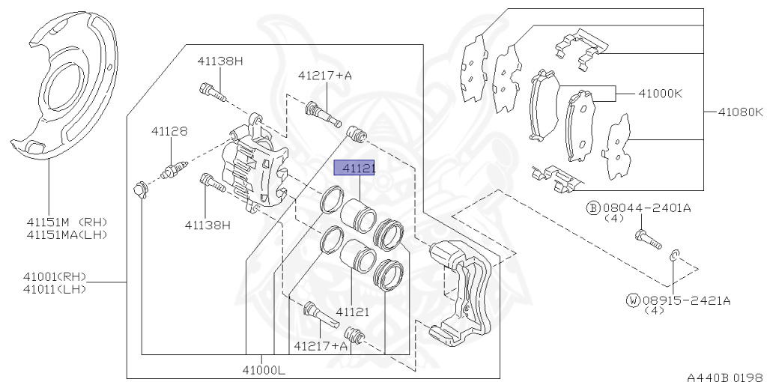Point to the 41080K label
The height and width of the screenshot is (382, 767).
(x=739, y=113)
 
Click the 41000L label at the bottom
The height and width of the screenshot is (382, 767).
(x=263, y=369)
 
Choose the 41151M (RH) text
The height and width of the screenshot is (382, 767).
(x=67, y=222)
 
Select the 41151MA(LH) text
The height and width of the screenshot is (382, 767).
(x=67, y=234)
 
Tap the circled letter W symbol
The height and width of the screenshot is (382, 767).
(x=633, y=300)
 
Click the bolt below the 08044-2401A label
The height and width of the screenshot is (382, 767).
(x=648, y=239)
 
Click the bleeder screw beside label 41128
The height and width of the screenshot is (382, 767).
(x=172, y=169)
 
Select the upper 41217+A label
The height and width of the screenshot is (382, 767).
(x=324, y=75)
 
